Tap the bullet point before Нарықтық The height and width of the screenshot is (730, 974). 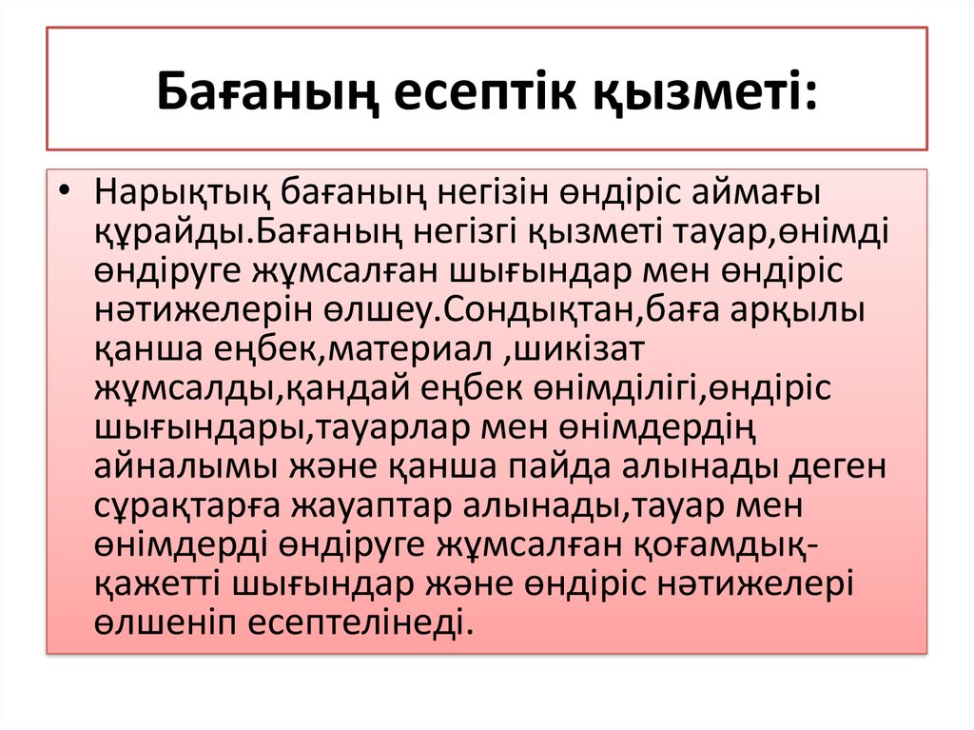[63, 190]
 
